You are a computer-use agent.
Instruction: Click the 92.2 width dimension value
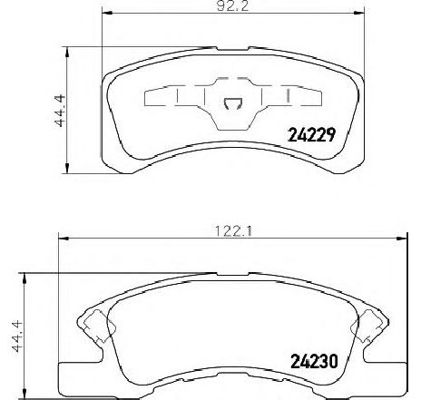point(232,6)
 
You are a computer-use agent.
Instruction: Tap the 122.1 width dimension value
point(233,231)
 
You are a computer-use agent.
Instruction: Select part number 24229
point(311,135)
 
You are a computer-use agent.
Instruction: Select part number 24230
point(314,361)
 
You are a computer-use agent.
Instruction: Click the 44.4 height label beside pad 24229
point(60,111)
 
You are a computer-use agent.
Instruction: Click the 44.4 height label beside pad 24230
point(17,337)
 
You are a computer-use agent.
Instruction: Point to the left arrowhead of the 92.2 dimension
point(107,13)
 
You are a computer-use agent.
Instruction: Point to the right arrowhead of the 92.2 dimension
point(359,13)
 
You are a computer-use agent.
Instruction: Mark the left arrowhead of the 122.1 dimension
point(64,239)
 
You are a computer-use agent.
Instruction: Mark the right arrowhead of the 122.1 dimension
point(402,239)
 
